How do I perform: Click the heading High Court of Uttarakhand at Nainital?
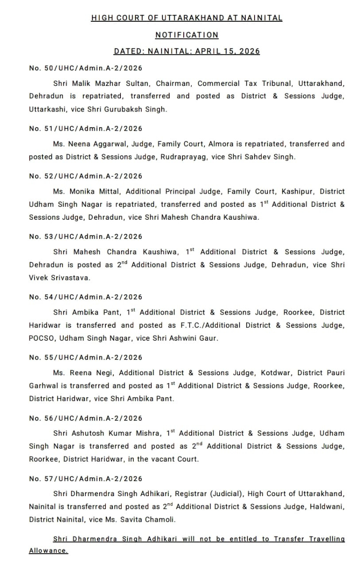186,18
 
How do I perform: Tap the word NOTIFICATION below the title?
186,35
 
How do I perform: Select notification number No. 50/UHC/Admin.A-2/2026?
85,68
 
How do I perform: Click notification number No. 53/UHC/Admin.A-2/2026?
85,237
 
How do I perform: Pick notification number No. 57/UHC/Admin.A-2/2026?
85,479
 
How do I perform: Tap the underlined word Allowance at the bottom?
49,551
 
